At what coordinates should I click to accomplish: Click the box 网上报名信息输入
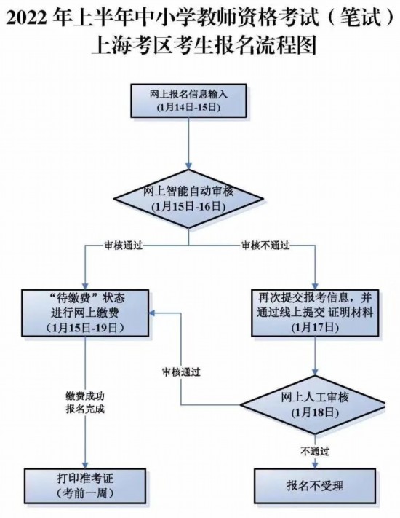click(188, 101)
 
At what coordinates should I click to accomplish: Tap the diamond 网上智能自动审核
click(188, 199)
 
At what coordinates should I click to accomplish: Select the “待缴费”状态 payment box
click(85, 313)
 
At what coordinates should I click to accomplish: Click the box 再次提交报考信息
click(315, 313)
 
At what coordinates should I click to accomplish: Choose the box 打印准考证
click(85, 485)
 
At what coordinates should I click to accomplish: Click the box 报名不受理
click(315, 485)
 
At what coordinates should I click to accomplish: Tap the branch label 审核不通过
click(265, 246)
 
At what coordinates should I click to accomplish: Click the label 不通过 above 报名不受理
click(315, 451)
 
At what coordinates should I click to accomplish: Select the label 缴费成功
click(85, 396)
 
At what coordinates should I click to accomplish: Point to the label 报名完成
click(85, 409)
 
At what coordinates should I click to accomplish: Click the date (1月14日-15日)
click(188, 108)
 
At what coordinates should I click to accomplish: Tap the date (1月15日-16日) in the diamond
click(188, 206)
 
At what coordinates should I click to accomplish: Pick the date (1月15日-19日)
click(85, 328)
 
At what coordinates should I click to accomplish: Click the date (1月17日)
click(315, 328)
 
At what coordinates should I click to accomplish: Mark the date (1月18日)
click(315, 412)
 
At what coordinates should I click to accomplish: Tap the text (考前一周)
click(85, 493)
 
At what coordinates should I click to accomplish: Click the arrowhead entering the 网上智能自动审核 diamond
click(188, 166)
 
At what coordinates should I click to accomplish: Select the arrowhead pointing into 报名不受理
click(315, 465)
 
